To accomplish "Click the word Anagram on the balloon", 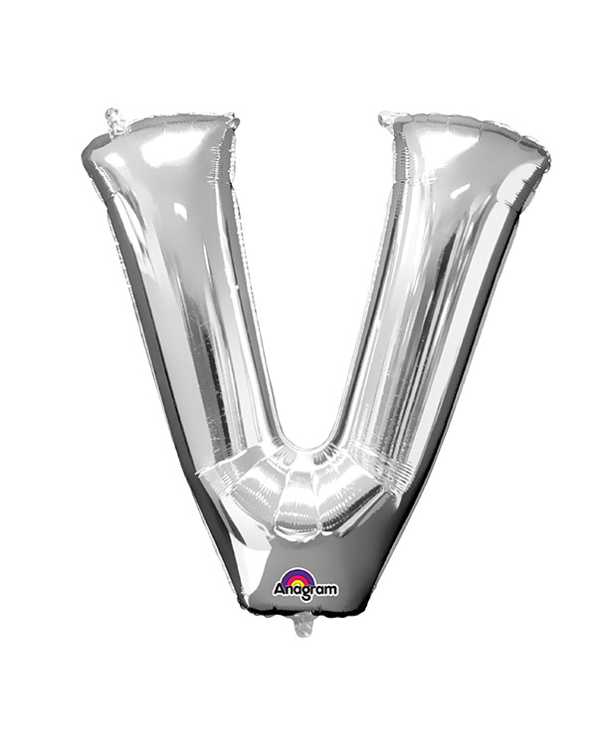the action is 305,591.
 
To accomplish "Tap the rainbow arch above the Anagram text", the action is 298,576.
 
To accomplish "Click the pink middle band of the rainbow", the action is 298,576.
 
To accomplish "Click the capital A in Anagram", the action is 279,590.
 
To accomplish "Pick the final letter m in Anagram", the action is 331,590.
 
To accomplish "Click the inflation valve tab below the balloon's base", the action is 302,624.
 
